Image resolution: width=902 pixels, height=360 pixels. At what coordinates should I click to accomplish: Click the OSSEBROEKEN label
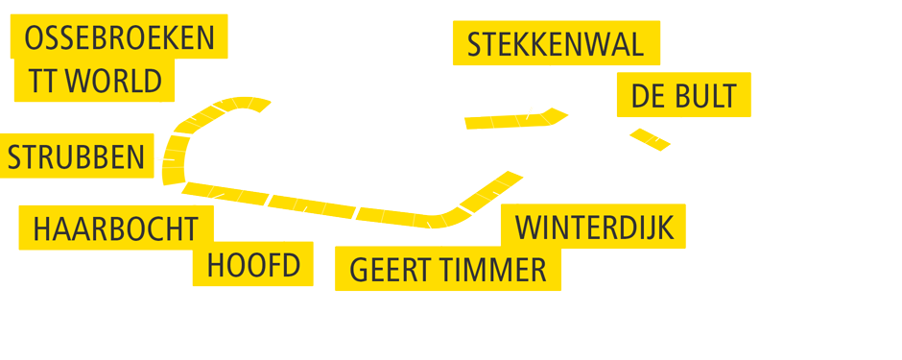[119, 38]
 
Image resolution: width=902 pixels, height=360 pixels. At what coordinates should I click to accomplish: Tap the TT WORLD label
[94, 81]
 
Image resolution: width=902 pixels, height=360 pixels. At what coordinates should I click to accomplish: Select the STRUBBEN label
[77, 156]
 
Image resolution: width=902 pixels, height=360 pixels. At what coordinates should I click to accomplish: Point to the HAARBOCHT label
[115, 229]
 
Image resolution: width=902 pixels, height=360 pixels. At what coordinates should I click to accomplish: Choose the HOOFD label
[253, 264]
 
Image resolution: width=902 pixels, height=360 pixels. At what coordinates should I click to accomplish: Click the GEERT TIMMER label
[447, 270]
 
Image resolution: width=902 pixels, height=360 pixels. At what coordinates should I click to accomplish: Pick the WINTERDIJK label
[594, 228]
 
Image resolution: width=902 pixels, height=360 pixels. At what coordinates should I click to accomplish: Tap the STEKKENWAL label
[556, 44]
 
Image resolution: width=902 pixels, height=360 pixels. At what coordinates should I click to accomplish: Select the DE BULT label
[683, 95]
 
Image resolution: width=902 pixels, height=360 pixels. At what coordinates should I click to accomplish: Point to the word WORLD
[113, 81]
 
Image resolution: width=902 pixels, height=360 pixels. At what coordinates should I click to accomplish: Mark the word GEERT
[385, 270]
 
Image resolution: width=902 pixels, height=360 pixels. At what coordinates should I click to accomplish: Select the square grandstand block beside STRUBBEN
[174, 157]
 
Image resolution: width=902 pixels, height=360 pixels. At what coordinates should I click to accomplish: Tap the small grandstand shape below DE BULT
[650, 139]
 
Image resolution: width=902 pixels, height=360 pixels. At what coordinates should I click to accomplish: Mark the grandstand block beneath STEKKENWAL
[523, 119]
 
